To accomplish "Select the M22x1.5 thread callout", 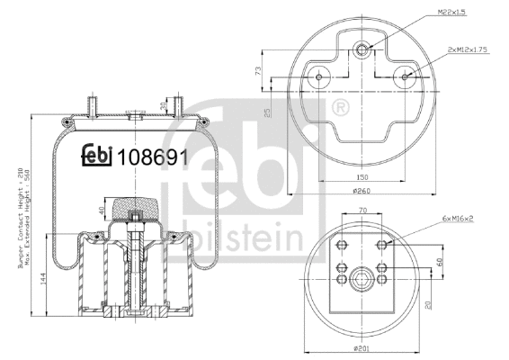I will pos(425,13).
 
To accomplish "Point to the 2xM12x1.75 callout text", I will pos(467,50).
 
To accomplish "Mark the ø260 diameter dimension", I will pos(362,190).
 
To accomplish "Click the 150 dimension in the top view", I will pos(362,177).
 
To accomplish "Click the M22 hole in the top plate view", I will pos(362,49).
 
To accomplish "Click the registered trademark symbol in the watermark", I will pos(341,111).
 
